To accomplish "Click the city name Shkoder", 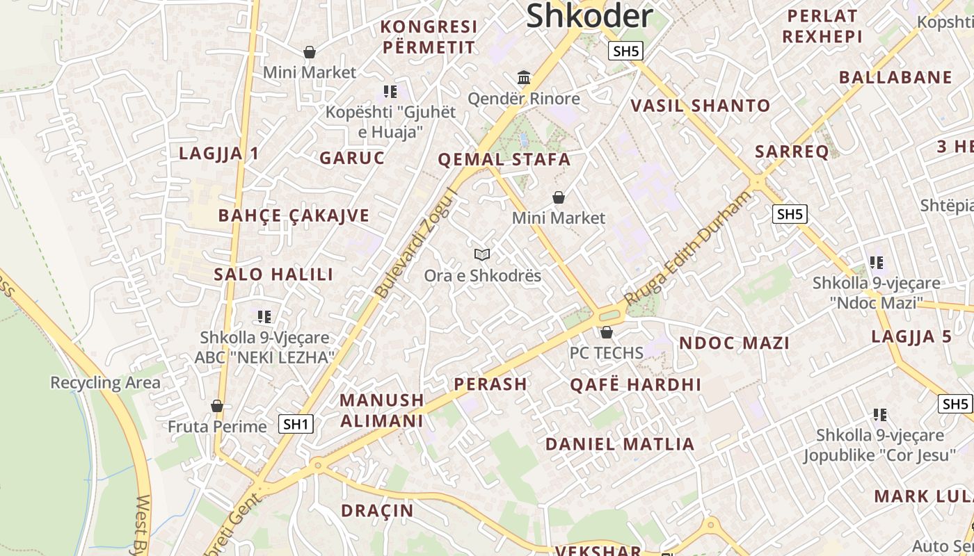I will tap(589, 16).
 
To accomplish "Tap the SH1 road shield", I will tap(296, 424).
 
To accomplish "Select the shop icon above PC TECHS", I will tap(607, 333).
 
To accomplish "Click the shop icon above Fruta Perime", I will tap(217, 406).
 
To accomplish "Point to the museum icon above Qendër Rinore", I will tap(524, 77).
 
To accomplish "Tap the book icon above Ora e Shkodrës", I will tap(482, 255).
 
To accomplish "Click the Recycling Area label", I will tap(105, 382).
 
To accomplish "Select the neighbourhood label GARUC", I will tap(352, 158).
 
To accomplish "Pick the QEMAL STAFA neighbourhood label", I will tap(504, 160).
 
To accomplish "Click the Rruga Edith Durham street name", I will tap(688, 248).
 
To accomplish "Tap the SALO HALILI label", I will tap(273, 274).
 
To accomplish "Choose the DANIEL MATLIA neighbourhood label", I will tap(620, 444).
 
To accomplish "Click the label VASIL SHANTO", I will tap(700, 106).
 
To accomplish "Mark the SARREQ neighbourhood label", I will tap(792, 152).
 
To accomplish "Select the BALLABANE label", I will tap(895, 77).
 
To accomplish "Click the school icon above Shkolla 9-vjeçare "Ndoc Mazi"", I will tap(877, 263).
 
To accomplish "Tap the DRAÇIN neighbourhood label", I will tap(377, 511).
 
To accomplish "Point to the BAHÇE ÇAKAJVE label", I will tap(294, 215).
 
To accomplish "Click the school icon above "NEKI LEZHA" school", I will tap(264, 317).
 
